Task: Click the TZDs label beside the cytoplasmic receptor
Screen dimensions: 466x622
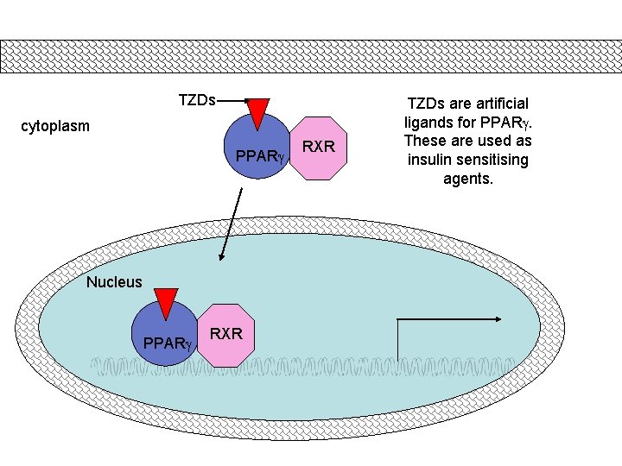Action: [x=197, y=100]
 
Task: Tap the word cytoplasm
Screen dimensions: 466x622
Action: [x=55, y=127]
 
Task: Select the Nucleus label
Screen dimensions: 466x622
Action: [x=114, y=281]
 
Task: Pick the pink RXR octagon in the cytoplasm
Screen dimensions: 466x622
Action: [x=319, y=148]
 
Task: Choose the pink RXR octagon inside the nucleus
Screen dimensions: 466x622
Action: [x=226, y=335]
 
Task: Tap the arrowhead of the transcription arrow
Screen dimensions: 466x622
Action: [x=498, y=318]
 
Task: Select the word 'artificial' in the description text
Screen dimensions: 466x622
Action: [x=498, y=104]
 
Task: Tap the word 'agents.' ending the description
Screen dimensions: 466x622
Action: [x=468, y=179]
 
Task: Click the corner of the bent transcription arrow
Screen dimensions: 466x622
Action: [x=397, y=319]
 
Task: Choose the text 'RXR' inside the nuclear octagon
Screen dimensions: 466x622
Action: [x=226, y=334]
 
